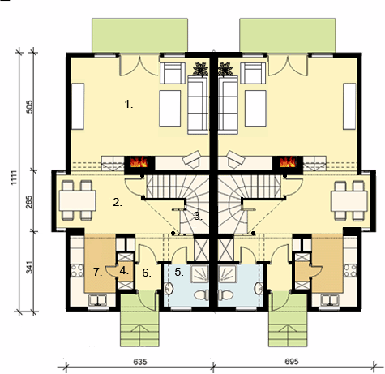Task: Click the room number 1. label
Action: [129, 104]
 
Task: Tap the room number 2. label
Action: [118, 202]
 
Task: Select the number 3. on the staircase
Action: [198, 216]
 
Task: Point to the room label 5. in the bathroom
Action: [178, 272]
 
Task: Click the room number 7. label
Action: [98, 272]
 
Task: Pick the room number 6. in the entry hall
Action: [147, 273]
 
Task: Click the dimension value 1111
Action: [14, 178]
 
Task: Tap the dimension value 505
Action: [29, 107]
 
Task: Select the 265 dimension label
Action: [29, 202]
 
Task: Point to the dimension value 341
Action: [29, 267]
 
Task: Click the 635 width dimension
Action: [140, 362]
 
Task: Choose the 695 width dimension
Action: [292, 362]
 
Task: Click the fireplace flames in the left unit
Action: [139, 162]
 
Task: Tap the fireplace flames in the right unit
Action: [288, 161]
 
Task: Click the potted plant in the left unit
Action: [200, 69]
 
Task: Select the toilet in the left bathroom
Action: [201, 294]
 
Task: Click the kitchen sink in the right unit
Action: [330, 300]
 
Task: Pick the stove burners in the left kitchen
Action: [77, 270]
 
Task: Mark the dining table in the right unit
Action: [349, 201]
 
